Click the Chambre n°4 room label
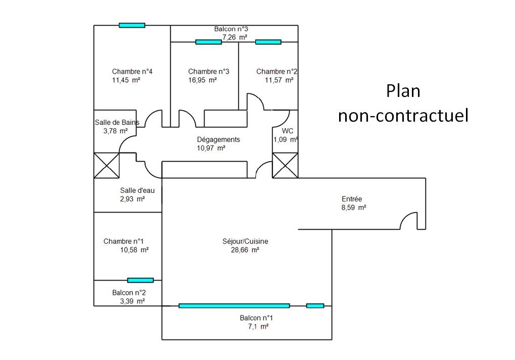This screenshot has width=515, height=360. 132,72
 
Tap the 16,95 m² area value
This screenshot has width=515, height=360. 202,80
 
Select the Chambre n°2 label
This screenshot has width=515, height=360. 277,72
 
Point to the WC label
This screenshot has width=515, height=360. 288,131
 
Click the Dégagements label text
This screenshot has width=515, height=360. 218,139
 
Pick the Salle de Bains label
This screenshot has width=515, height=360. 117,122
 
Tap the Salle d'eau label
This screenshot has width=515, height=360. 137,190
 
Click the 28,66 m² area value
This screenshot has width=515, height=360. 245,250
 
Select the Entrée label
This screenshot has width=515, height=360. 352,199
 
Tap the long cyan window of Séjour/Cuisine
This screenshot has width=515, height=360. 234,306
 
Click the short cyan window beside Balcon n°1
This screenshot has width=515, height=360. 315,306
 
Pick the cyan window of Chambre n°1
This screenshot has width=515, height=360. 140,280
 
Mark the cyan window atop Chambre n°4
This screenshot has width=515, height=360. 132,25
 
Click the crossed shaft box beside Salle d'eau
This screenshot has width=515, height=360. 107,166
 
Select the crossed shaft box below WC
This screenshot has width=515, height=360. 285,166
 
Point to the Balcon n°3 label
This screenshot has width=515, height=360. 231,29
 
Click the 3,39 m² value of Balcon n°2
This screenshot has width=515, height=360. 132,301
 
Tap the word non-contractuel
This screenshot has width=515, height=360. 403,116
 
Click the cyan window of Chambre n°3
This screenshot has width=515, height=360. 209,42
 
